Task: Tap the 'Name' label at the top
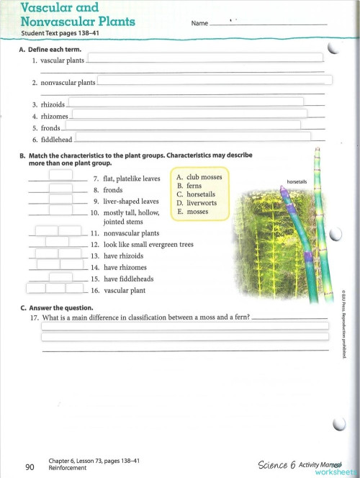(199, 24)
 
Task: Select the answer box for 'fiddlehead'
(193, 136)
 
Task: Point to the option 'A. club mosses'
(199, 177)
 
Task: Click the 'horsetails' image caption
(297, 181)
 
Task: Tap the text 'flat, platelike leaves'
(132, 179)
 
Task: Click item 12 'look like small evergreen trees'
(148, 245)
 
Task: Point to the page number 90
(30, 467)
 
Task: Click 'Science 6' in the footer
(277, 464)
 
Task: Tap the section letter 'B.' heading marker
(23, 155)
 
